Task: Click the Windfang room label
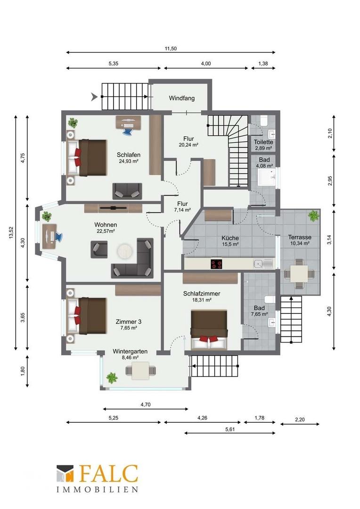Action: [181, 98]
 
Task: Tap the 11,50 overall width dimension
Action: [171, 49]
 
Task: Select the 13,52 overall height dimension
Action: [11, 233]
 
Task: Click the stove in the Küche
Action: [217, 263]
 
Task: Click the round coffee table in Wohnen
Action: [125, 251]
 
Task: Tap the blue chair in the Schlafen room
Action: [128, 131]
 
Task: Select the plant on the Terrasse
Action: [313, 215]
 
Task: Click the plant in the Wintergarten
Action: [111, 378]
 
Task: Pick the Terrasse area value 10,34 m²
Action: [299, 243]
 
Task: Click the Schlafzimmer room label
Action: [202, 294]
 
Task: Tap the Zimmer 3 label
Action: [128, 322]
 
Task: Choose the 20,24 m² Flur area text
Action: [188, 145]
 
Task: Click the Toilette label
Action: [263, 142]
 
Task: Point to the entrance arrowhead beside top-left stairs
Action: [94, 97]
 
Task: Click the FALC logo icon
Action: [65, 474]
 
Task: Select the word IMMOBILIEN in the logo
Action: [98, 489]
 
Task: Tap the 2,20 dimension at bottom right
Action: [300, 419]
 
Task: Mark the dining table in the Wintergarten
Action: [140, 370]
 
